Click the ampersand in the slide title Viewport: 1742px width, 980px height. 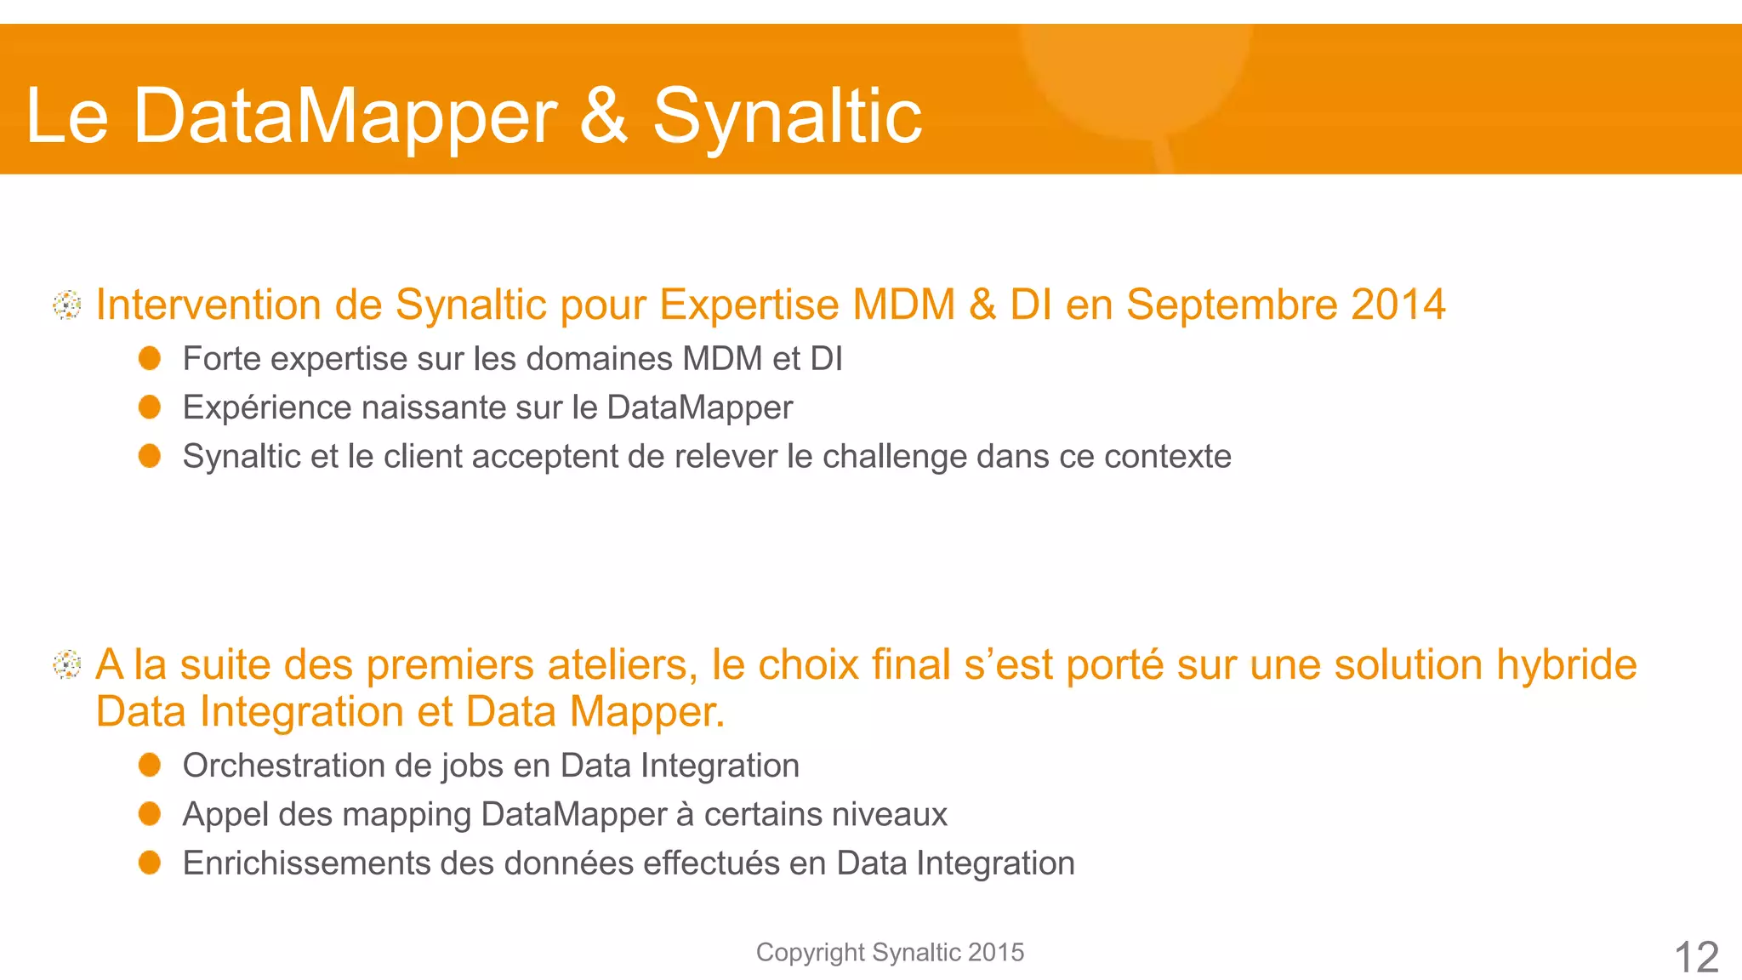click(x=603, y=115)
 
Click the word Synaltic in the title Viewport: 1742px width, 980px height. click(x=787, y=117)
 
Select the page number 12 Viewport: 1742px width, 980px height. click(x=1696, y=957)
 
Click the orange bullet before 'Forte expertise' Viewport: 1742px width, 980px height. click(x=150, y=358)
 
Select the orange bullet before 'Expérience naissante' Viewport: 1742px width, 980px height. click(x=150, y=407)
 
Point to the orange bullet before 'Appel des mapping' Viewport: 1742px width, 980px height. click(x=150, y=814)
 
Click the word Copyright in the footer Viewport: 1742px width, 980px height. click(x=810, y=953)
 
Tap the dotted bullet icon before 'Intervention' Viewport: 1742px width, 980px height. click(x=67, y=305)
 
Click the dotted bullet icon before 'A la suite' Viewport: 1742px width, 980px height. click(x=67, y=664)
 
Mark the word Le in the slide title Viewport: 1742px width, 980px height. click(x=67, y=117)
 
